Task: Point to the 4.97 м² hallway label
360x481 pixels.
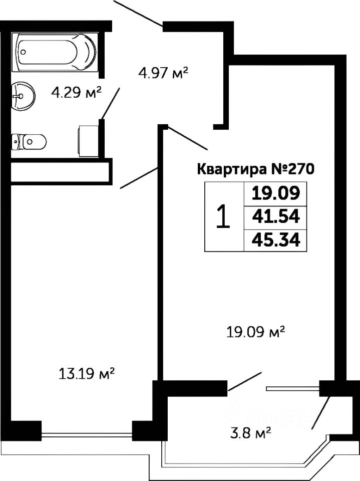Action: point(163,74)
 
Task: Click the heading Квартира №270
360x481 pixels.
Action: point(255,169)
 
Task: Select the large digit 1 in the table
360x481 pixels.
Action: point(223,216)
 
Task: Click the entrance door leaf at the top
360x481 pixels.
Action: point(138,13)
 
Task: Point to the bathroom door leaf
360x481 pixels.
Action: point(111,104)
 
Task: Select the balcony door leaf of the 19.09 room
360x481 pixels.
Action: point(245,381)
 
